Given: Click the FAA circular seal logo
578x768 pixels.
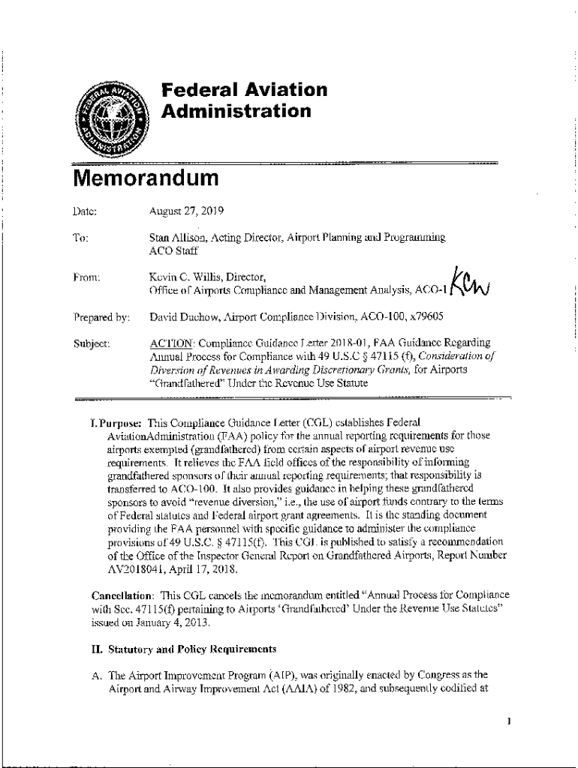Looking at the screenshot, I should pos(113,117).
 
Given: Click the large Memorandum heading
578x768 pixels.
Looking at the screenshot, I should pos(146,180).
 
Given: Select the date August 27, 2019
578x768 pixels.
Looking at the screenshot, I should pos(181,211).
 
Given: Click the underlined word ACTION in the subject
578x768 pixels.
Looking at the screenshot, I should pos(169,343).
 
